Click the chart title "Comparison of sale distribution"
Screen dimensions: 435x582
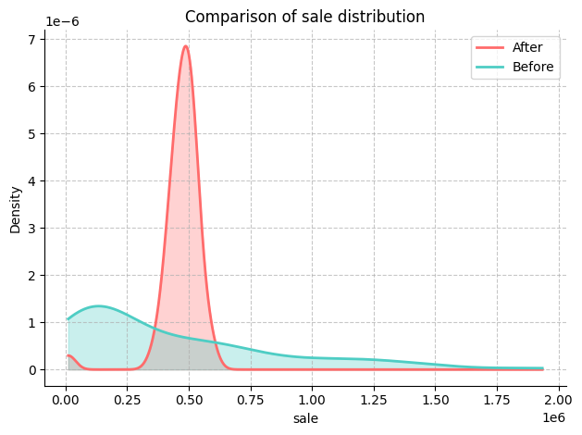304,17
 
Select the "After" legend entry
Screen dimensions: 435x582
527,47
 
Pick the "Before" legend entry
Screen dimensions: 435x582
533,67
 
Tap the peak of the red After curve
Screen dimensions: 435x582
187,46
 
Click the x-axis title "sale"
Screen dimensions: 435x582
305,419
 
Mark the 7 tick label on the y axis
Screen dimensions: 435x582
31,40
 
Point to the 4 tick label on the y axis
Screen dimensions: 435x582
31,181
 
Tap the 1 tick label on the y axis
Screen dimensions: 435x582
31,323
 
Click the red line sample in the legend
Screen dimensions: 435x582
489,47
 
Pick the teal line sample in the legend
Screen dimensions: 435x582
489,67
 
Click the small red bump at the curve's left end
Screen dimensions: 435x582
69,355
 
